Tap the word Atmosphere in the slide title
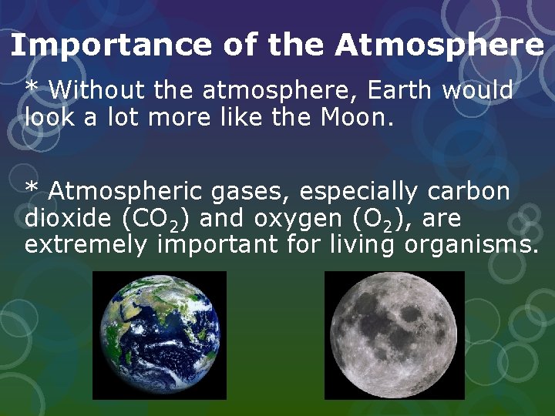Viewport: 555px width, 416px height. (x=439, y=46)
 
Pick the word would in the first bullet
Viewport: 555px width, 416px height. (x=478, y=90)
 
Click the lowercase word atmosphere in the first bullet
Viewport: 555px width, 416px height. (x=281, y=90)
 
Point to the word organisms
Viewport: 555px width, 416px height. (x=478, y=245)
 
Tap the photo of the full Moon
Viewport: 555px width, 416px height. (x=394, y=335)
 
